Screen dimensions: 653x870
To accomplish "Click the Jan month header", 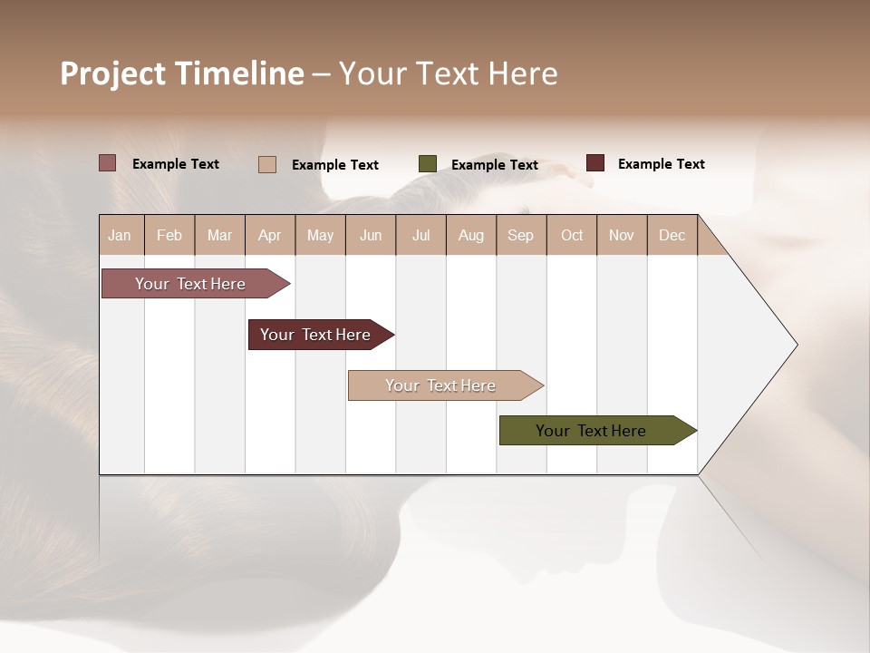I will pos(120,235).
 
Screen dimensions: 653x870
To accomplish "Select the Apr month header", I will pos(269,235).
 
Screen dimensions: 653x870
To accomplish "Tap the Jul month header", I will pos(420,235).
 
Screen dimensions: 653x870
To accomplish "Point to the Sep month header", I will pos(520,235).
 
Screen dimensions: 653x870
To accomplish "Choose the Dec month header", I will pos(672,235).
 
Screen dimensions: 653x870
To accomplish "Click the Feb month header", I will pos(169,235).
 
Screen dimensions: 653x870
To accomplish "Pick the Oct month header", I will pos(572,235).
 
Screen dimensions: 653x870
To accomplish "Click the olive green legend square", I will pos(428,164).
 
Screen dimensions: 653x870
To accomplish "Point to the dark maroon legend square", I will pos(595,163).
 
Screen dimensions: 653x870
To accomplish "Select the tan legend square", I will pos(267,164).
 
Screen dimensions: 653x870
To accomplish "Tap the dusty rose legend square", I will pos(108,163).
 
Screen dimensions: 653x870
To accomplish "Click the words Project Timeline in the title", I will pos(181,73).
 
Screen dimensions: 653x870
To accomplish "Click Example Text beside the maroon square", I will pos(661,164).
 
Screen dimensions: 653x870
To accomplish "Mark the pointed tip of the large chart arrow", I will pos(796,345).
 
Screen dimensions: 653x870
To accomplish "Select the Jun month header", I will pos(371,235).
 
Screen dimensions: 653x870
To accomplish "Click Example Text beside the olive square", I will pos(494,165).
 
